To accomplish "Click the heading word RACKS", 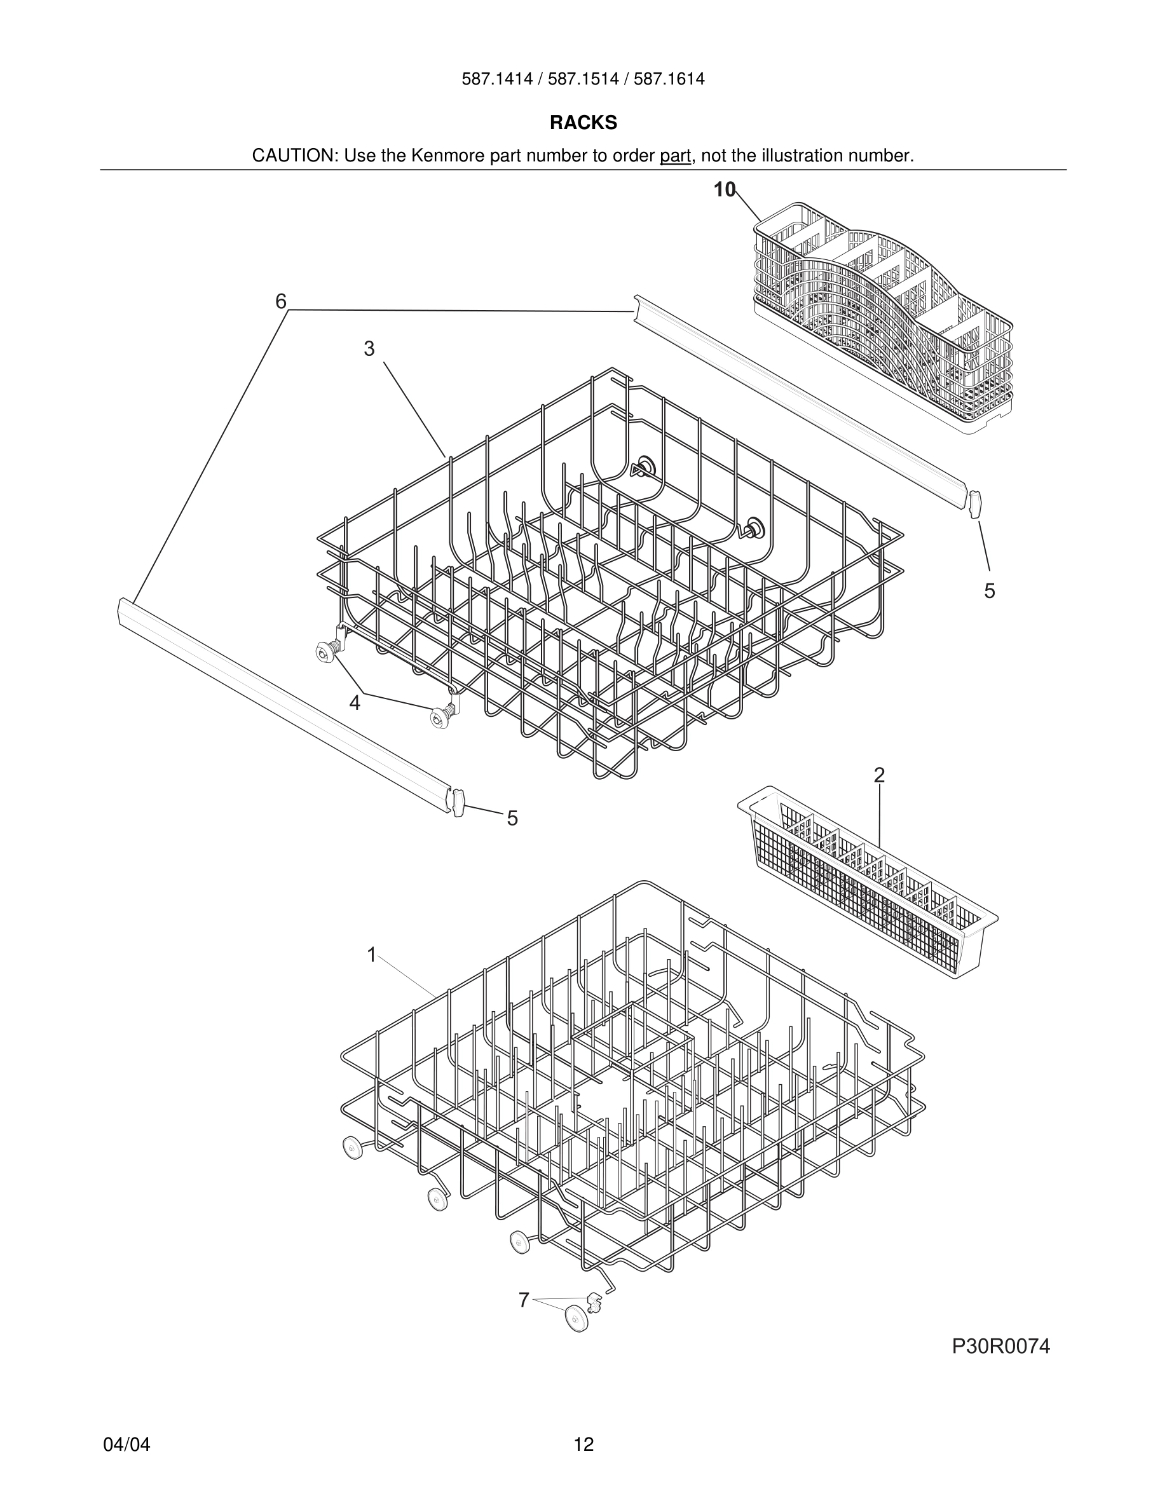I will coord(583,123).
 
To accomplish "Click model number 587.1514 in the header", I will coord(583,79).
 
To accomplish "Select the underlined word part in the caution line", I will coord(675,156).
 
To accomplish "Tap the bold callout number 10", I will coord(725,189).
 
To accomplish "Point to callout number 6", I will coord(281,301).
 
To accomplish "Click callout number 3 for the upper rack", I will coord(369,349).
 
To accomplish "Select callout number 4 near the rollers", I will coord(355,703).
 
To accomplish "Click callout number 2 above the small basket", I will coord(878,775).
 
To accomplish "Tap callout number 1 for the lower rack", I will coord(371,955).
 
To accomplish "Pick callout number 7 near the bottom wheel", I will coord(523,1300).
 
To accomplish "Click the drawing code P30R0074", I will coord(1000,1346).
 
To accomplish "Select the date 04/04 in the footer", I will coord(126,1445).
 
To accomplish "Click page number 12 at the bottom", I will coord(583,1445).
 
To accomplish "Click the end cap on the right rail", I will coord(976,504).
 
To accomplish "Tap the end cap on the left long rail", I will coord(458,802).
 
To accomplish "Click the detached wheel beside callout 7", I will coord(576,1319).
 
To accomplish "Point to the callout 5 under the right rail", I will coord(989,590).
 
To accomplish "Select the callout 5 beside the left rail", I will coord(512,819).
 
